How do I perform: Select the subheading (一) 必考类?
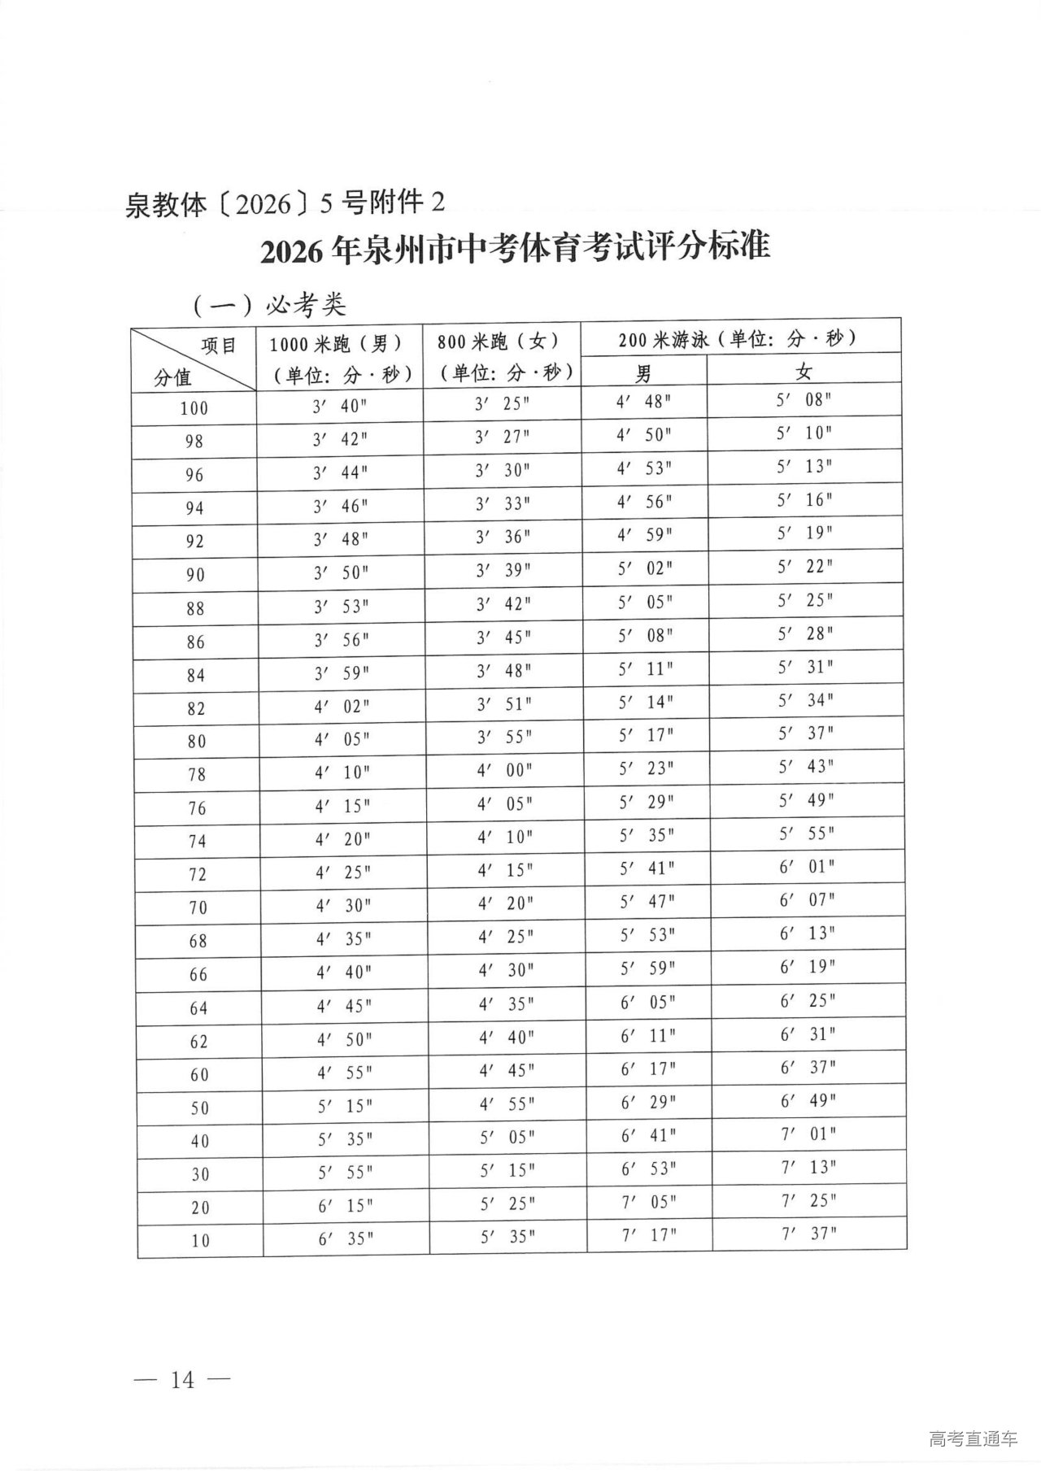click(270, 305)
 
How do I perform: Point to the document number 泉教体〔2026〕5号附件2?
click(285, 203)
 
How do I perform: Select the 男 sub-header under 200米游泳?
click(643, 373)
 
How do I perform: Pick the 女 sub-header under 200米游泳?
click(804, 372)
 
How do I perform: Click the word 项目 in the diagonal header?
click(219, 346)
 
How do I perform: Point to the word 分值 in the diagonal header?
click(172, 377)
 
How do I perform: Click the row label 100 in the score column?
click(194, 408)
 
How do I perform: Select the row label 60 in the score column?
click(199, 1075)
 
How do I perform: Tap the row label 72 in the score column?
click(198, 875)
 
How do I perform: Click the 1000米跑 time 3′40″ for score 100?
click(341, 406)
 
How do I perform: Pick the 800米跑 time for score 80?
click(504, 737)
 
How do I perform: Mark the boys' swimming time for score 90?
click(646, 568)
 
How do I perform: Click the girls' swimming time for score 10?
click(809, 1234)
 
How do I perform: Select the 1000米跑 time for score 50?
click(345, 1107)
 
